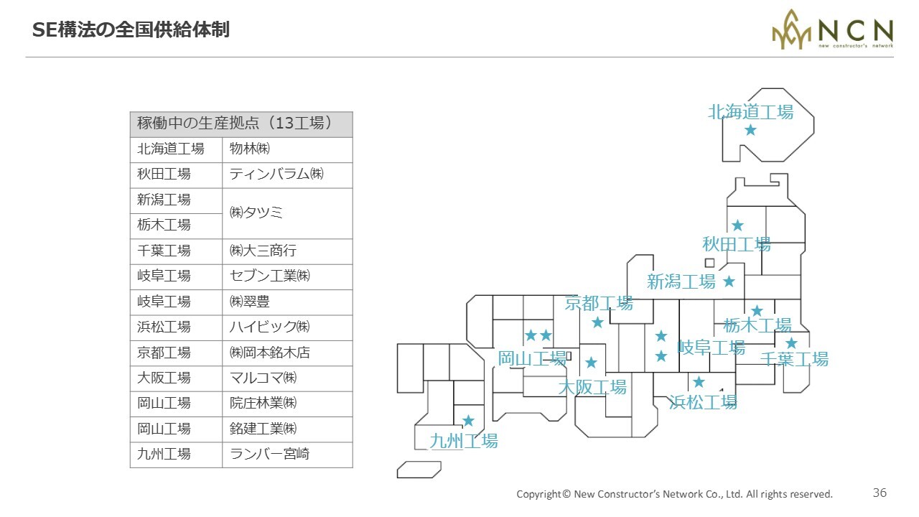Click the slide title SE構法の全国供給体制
(131, 30)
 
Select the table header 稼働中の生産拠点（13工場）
(234, 123)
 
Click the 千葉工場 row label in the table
(164, 251)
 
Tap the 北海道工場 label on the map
(751, 112)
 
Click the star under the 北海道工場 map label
(750, 130)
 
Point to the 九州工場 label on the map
(464, 441)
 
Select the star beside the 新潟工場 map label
(729, 281)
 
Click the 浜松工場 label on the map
(703, 402)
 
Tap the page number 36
(880, 493)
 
